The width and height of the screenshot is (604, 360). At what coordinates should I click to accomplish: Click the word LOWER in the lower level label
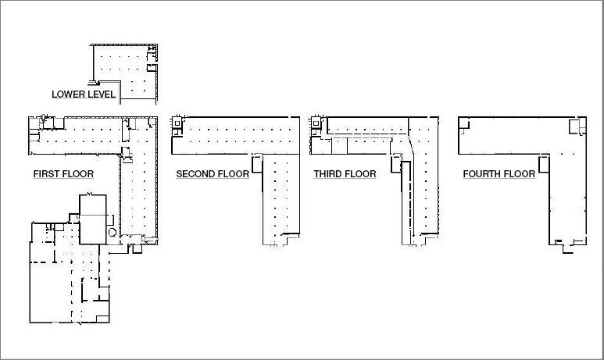tap(66, 94)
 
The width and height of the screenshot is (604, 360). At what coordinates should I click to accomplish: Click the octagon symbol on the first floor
tap(113, 232)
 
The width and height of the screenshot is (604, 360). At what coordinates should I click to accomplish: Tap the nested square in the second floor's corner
tap(177, 123)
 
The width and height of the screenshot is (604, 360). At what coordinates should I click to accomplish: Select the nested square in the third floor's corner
tap(316, 123)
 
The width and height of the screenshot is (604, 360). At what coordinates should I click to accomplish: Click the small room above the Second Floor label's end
tap(257, 164)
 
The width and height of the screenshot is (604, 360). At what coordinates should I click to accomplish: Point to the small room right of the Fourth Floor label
tap(544, 164)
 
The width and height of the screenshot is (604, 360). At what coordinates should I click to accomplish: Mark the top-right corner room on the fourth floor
tap(577, 127)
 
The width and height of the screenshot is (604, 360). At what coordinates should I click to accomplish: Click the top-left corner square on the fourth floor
tap(464, 123)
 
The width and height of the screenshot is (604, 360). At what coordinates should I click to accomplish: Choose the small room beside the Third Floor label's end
tap(396, 164)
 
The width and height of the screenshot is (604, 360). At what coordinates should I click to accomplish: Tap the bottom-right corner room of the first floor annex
tap(102, 319)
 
